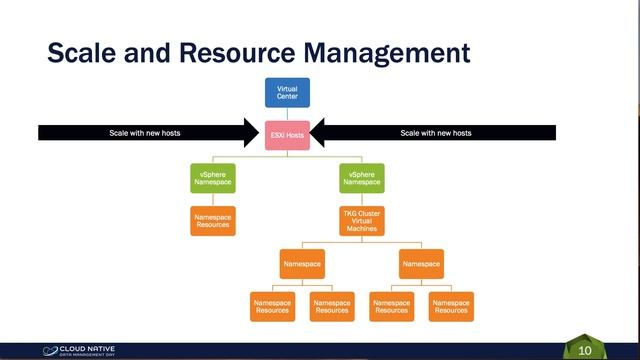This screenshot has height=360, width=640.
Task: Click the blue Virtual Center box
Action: (x=287, y=92)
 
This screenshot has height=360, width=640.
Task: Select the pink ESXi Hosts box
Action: (x=287, y=133)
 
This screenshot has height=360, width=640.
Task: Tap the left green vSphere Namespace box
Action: (x=212, y=179)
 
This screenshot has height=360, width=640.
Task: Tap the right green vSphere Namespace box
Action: (x=362, y=179)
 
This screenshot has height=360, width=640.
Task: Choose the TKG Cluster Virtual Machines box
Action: (x=362, y=221)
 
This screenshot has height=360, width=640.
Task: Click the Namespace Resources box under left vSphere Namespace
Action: (x=212, y=221)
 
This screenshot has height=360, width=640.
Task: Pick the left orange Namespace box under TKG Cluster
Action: (x=302, y=264)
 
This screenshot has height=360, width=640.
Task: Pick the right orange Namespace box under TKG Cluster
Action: (x=421, y=264)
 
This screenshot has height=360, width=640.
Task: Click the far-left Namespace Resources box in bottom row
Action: (x=272, y=306)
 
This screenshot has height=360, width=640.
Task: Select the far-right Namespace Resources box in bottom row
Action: (x=451, y=306)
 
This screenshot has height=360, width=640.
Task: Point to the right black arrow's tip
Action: (x=316, y=133)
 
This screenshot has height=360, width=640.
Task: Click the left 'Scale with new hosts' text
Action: (x=144, y=133)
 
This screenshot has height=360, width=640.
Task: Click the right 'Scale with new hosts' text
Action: (x=436, y=133)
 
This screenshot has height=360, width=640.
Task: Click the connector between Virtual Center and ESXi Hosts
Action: (x=287, y=113)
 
